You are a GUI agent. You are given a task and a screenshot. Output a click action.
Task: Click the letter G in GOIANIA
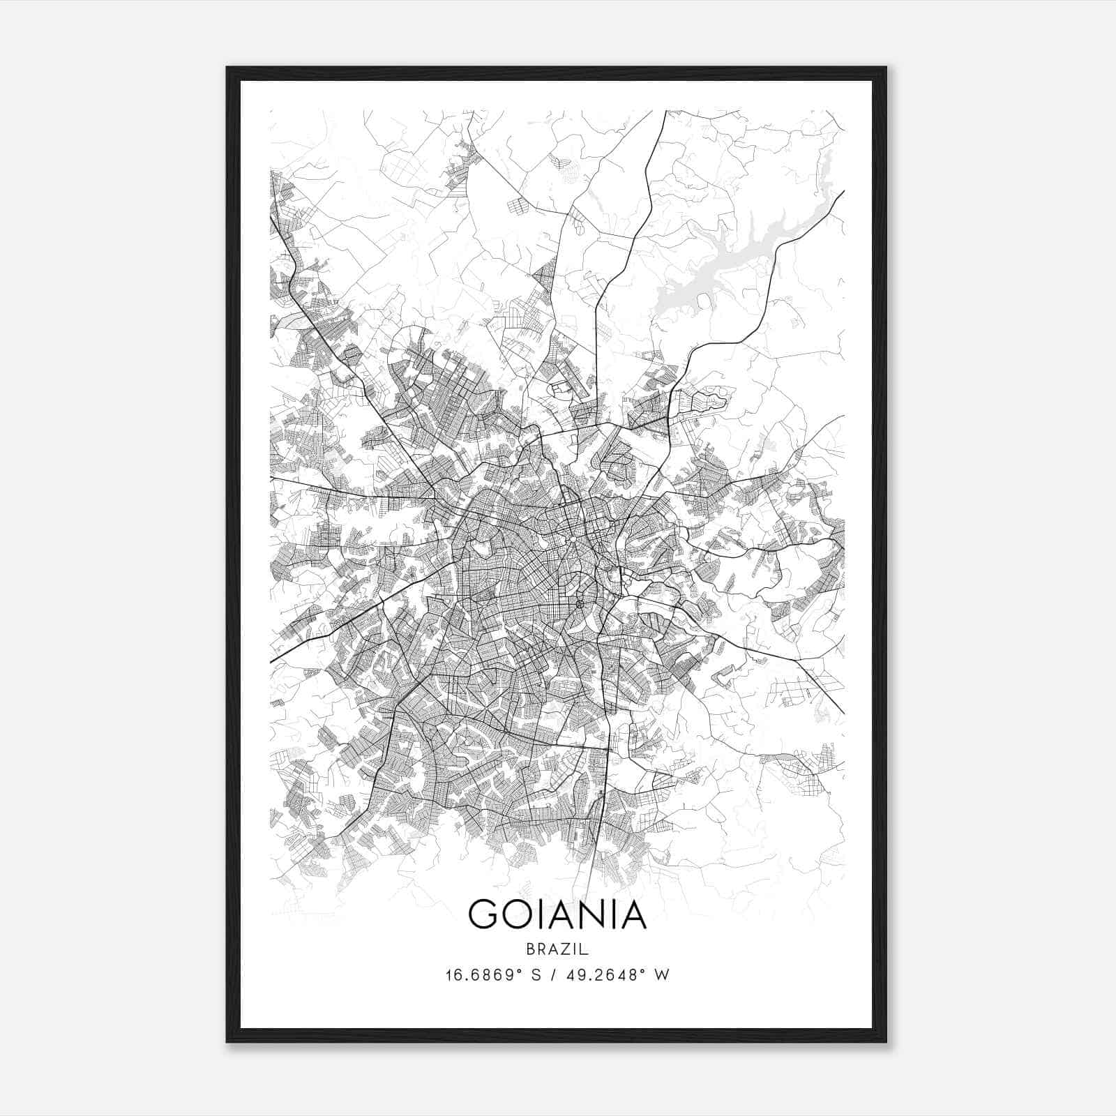pyautogui.click(x=484, y=914)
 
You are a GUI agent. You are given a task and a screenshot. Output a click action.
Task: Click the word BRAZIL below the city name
pyautogui.click(x=557, y=949)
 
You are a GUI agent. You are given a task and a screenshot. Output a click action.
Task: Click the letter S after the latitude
pyautogui.click(x=536, y=975)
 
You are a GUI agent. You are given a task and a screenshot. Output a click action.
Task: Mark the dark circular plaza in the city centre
pyautogui.click(x=580, y=603)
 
